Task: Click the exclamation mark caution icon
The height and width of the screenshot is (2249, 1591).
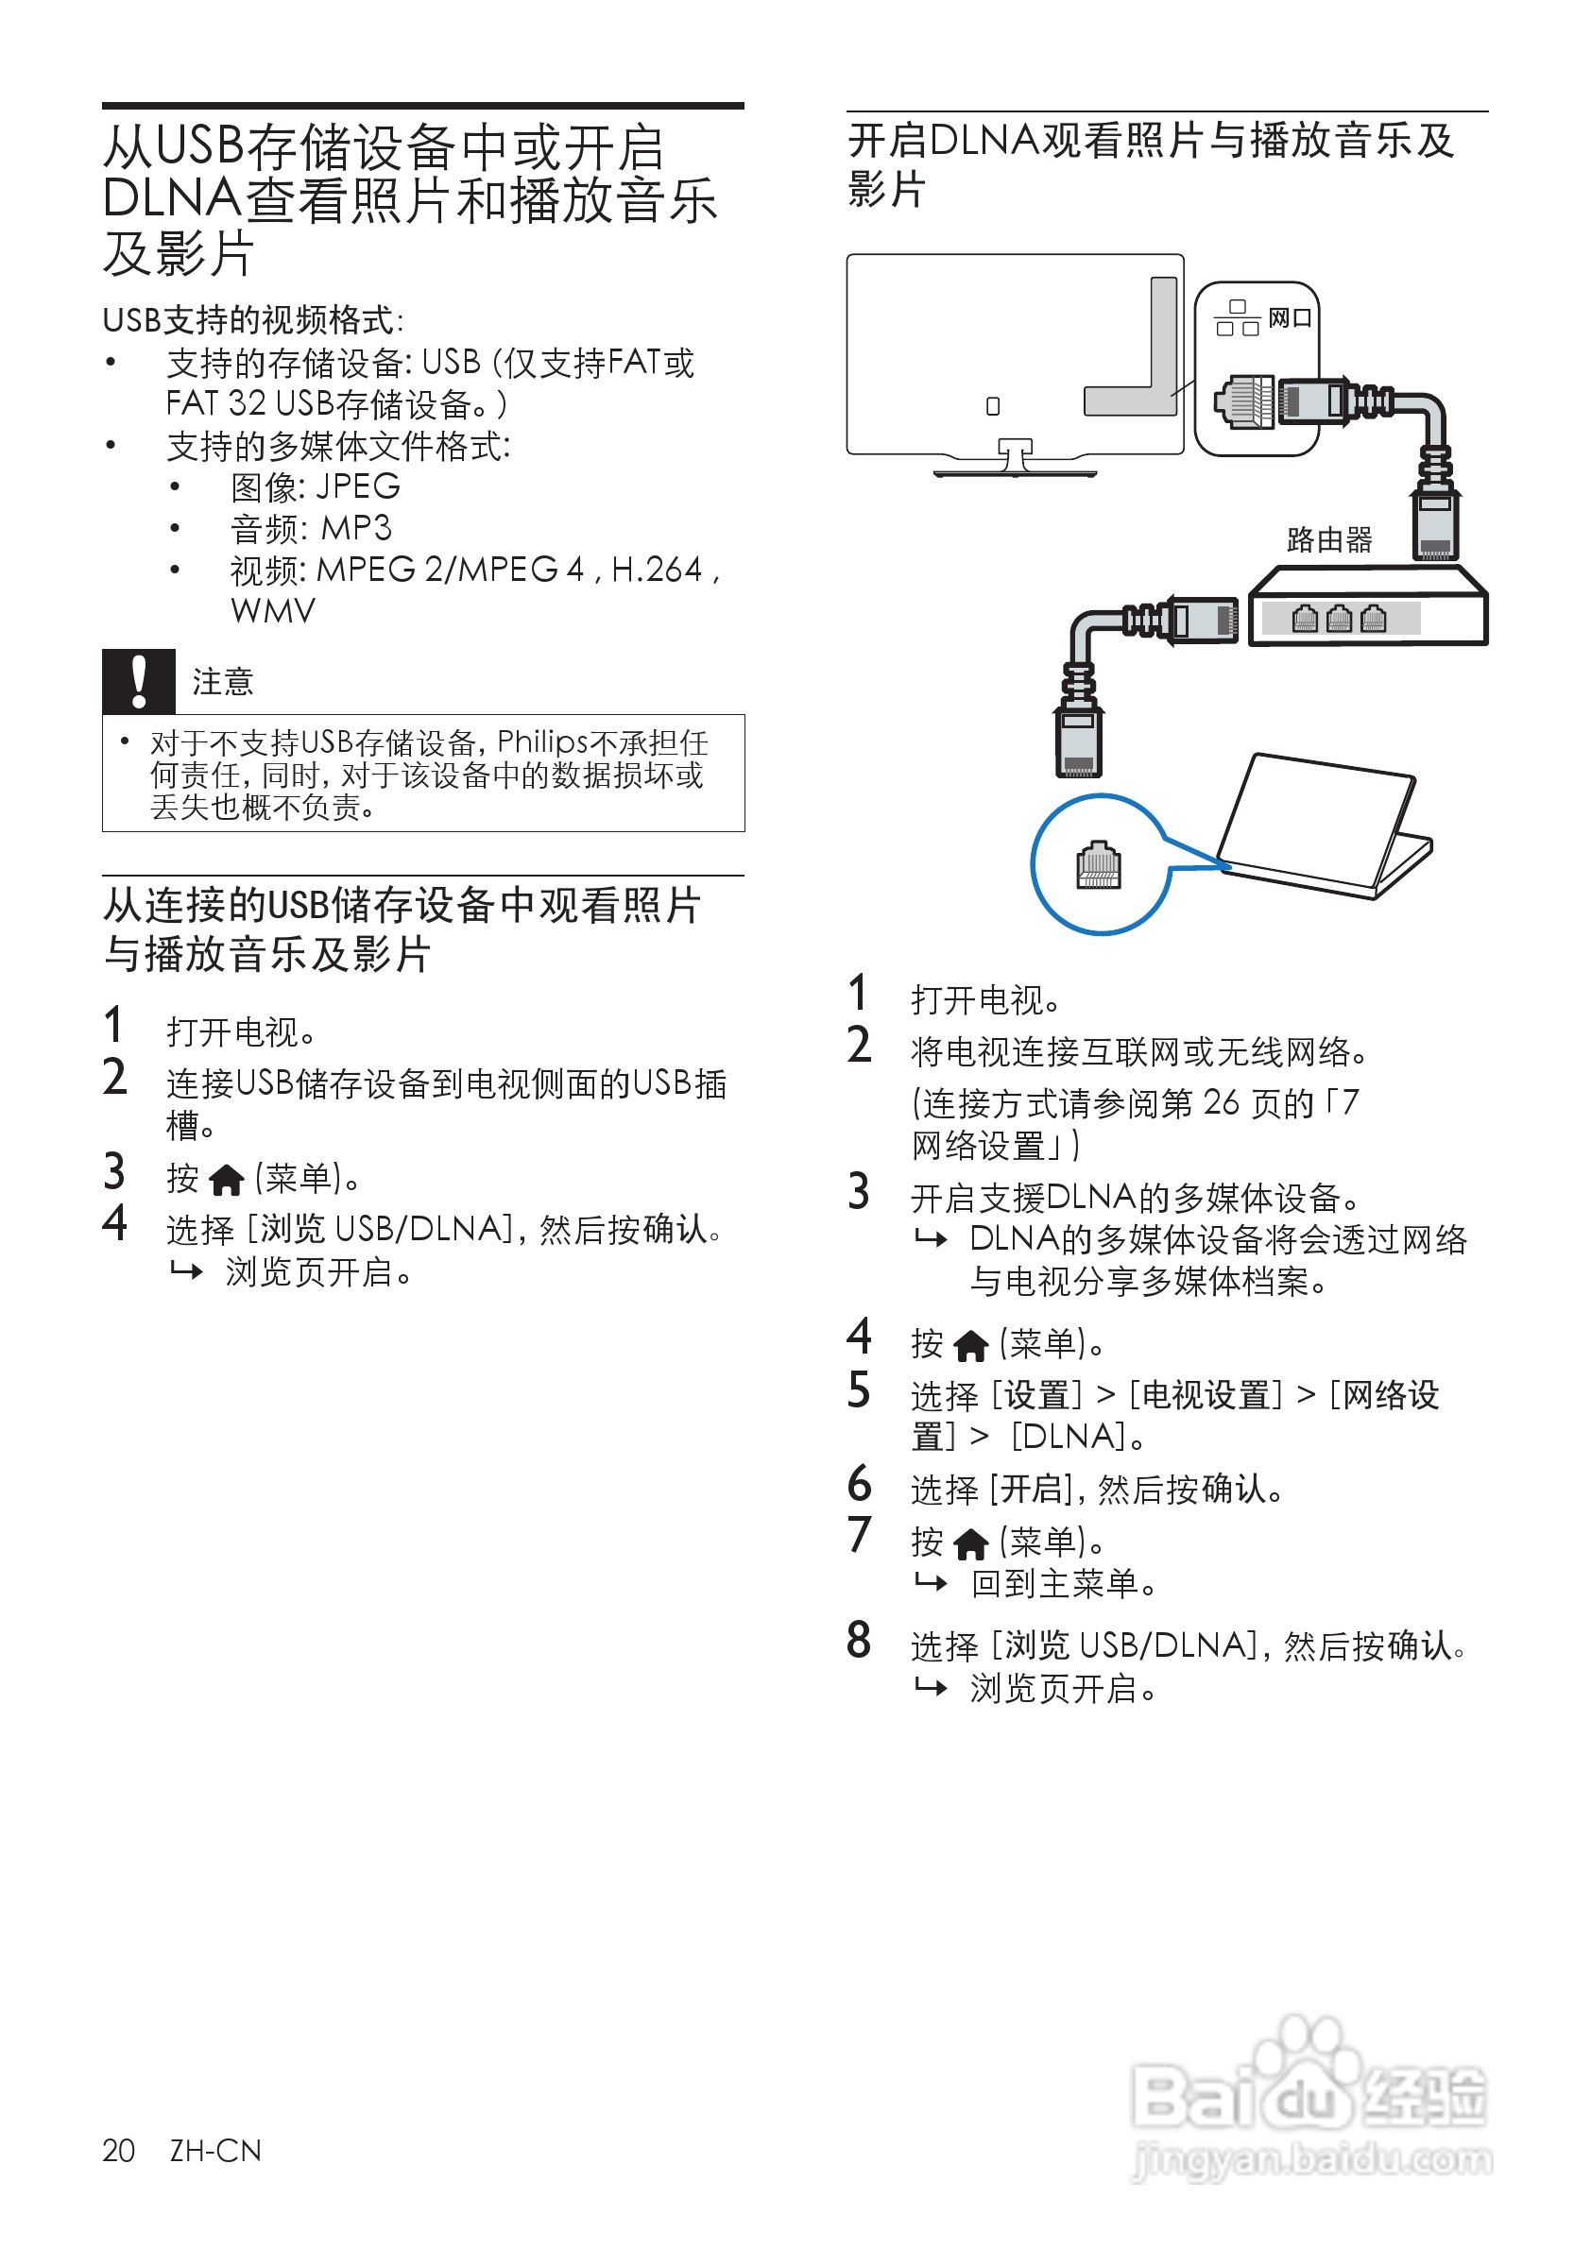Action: pos(138,682)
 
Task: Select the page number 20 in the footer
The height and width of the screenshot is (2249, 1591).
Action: pos(118,2150)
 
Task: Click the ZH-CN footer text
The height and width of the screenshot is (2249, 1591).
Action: pos(215,2150)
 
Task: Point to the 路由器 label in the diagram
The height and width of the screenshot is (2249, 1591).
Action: pos(1328,539)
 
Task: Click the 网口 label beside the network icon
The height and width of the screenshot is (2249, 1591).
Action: pos(1290,318)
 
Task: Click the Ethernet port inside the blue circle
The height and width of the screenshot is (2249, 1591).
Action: pos(1098,865)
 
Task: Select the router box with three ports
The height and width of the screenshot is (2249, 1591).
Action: pos(1368,607)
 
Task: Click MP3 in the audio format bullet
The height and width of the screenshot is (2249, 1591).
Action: pos(356,529)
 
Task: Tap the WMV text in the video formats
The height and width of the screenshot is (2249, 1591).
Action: pos(273,611)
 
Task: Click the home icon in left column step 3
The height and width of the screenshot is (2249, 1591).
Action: pos(227,1181)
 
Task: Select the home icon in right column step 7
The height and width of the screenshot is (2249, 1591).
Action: pos(971,1543)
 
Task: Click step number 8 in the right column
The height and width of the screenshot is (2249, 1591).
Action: pos(859,1640)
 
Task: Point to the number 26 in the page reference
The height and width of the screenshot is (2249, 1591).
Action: pos(1222,1102)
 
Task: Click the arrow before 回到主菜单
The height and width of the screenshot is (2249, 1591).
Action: pos(931,1582)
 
